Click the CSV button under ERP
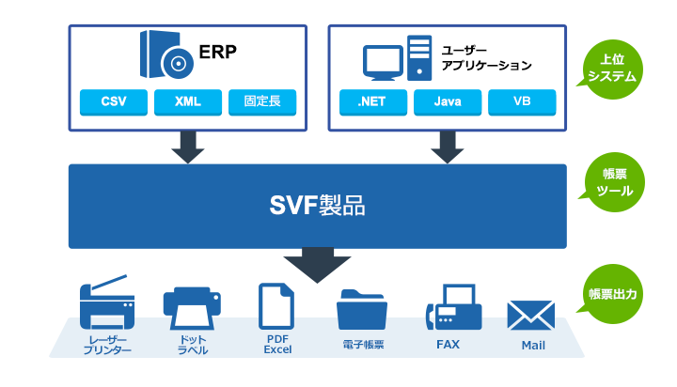coord(114,101)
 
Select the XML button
coord(188,101)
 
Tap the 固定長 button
coord(262,101)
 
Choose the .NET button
coord(373,101)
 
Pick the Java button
coord(448,101)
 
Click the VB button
coord(522,101)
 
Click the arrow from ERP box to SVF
coord(188,147)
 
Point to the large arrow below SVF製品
coord(317,264)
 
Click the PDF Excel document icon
coord(277,305)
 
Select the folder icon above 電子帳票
coord(362,309)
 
